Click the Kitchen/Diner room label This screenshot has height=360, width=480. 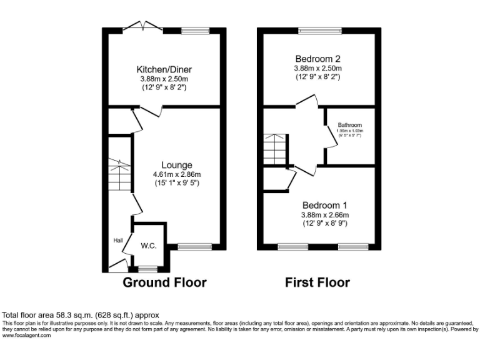tap(164, 69)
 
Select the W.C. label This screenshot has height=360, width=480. tap(148, 246)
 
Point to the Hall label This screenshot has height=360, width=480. tap(117, 240)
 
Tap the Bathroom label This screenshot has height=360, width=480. tap(350, 125)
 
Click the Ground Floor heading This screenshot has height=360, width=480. tap(164, 282)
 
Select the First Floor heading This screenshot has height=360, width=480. tap(317, 282)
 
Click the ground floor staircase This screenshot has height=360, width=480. tap(118, 175)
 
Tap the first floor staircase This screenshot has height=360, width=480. tap(274, 147)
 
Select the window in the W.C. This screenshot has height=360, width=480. tap(148, 270)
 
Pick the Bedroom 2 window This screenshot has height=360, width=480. tap(319, 30)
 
